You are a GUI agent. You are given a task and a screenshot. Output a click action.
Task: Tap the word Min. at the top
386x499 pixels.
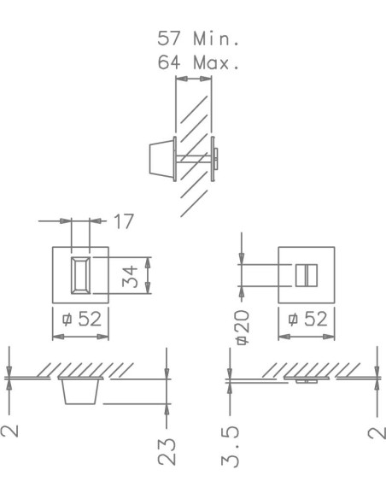point(214,39)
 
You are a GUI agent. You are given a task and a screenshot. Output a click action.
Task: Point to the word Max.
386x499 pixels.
point(214,62)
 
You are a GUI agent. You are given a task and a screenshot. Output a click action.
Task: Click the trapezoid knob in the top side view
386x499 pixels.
point(158,160)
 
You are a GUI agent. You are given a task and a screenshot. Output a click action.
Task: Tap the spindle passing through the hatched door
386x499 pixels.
point(195,159)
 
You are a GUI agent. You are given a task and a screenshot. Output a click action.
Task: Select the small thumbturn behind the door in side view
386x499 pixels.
point(216,159)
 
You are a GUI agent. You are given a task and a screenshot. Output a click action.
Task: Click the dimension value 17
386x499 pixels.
point(124,222)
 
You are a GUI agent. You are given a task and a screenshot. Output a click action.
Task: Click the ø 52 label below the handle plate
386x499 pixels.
point(83,320)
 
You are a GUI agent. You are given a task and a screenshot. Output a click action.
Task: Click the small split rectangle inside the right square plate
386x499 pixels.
point(306,275)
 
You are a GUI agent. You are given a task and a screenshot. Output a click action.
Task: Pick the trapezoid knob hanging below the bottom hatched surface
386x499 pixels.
point(83,392)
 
